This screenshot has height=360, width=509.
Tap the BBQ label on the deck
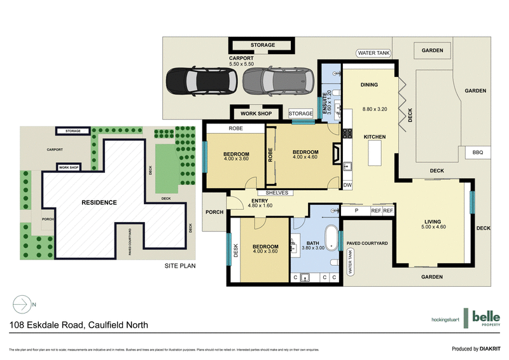477,153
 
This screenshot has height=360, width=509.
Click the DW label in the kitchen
347,185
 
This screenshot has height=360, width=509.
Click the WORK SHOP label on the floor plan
256,113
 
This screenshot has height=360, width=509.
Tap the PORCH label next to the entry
214,212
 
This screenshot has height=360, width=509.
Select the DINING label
369,85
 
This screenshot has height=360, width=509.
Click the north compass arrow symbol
22,305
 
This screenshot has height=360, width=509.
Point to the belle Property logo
485,318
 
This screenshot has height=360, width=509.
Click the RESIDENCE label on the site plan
99,202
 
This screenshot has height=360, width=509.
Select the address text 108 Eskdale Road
79,325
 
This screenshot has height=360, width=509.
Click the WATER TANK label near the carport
374,53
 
